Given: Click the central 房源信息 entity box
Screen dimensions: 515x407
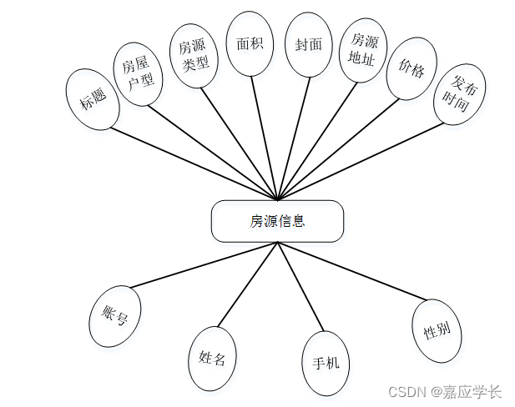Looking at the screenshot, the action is tap(277, 221).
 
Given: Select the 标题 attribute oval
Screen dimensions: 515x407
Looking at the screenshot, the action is tap(93, 99).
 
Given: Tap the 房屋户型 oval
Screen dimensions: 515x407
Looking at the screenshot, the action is tap(137, 73).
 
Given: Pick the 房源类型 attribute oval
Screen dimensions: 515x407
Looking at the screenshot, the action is tap(194, 52).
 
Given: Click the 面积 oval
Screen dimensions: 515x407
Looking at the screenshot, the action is tap(250, 44).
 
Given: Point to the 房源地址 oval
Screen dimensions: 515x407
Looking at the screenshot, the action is tap(363, 50).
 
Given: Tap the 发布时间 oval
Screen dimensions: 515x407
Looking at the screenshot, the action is tap(459, 93).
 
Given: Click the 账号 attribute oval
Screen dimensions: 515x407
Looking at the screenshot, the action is tap(114, 316).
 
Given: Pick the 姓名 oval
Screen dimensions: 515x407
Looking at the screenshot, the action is tap(212, 359).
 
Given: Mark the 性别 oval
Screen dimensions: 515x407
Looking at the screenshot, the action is tap(437, 331).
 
